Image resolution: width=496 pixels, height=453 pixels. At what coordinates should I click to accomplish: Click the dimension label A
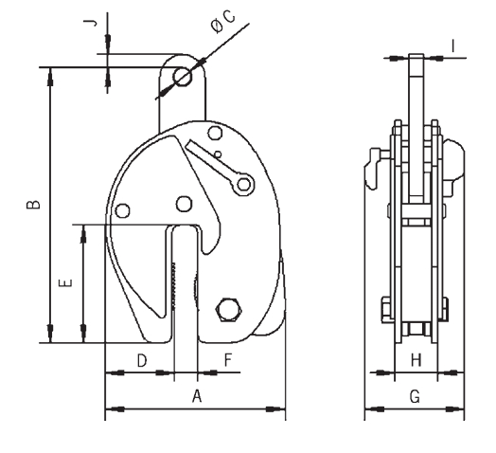197,396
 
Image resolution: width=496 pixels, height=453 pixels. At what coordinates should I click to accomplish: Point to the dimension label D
142,359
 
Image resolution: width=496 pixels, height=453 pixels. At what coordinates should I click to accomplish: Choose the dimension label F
228,359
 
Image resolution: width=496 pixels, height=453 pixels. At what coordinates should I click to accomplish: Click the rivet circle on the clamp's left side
122,209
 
